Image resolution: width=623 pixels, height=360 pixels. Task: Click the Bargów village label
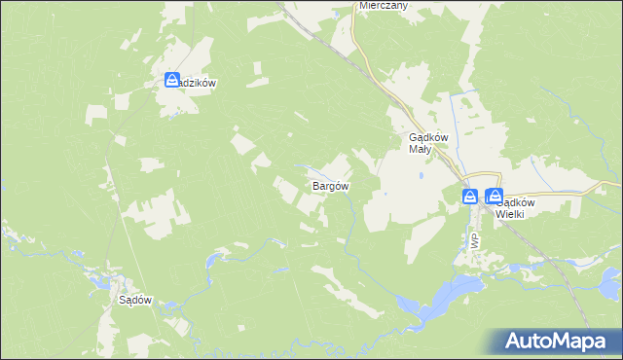pos(330,185)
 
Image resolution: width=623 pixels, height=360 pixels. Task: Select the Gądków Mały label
pos(426,143)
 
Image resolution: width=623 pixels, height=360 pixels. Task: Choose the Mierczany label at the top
pos(383,5)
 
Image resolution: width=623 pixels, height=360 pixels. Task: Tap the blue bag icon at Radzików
pos(172,80)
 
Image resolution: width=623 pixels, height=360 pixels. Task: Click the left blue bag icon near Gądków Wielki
pos(470,197)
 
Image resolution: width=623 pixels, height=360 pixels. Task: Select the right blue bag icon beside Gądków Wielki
pos(494,197)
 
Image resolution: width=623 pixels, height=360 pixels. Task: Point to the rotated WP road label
pos(474,239)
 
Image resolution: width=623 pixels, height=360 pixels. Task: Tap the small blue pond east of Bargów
pos(385,193)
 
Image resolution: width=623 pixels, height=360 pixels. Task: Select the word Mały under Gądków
pos(420,149)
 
